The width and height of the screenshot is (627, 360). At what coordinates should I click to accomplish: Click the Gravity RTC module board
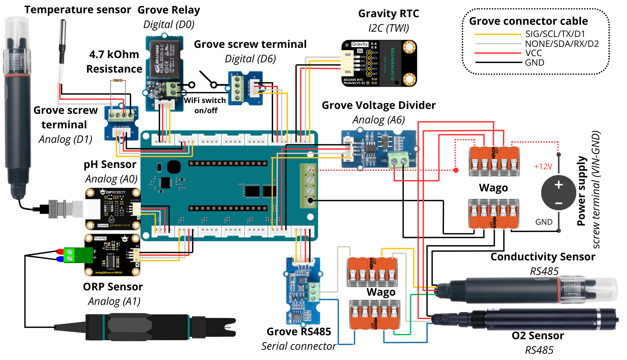click(x=379, y=63)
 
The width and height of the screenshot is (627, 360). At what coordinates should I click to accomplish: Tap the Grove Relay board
click(x=164, y=73)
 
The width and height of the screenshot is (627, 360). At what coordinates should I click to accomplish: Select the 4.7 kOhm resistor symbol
click(x=118, y=80)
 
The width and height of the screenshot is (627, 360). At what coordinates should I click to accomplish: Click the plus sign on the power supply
click(x=558, y=185)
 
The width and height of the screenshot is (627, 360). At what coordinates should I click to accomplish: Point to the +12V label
click(x=543, y=167)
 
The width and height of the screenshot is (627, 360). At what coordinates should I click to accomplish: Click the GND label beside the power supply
click(x=544, y=222)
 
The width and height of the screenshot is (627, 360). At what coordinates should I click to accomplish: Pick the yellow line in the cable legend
click(x=497, y=34)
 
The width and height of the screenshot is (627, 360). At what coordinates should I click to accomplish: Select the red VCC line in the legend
click(x=497, y=53)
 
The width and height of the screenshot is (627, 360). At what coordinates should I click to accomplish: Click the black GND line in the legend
click(x=497, y=62)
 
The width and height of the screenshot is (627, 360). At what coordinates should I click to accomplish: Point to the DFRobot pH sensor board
click(x=113, y=209)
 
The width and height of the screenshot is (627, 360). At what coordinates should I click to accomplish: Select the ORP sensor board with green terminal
click(x=112, y=255)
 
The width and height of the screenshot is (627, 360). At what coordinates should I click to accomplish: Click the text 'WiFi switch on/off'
click(x=205, y=105)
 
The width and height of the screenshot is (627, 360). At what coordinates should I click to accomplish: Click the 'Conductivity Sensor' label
click(x=543, y=257)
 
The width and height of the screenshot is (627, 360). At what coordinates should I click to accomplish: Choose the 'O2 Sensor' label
click(x=538, y=336)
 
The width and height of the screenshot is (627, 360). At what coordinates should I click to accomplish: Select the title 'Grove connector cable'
click(x=528, y=21)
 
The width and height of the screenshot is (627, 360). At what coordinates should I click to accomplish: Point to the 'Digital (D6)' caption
click(x=250, y=59)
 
